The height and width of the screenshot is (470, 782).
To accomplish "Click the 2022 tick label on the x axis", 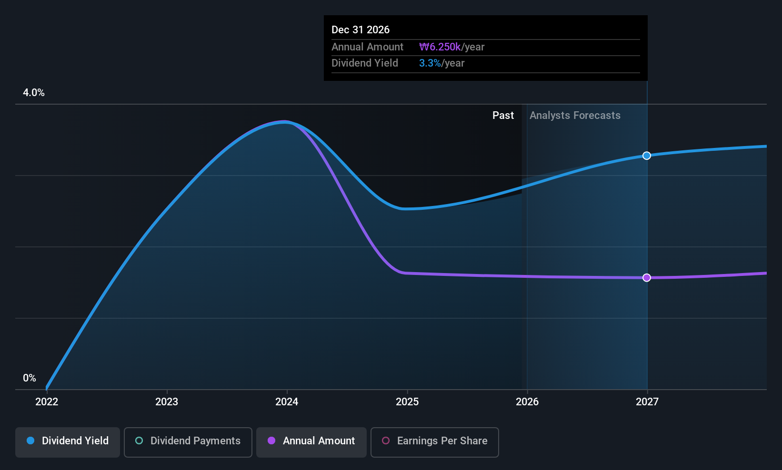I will click(47, 401).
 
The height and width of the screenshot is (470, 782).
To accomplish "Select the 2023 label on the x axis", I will click(167, 401).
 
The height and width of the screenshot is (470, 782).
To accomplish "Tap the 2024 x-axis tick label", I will click(287, 401).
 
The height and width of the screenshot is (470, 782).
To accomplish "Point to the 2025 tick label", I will click(407, 401).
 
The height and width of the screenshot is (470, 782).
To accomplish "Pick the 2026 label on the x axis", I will click(527, 401).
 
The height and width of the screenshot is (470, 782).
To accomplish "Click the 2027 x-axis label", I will click(647, 401).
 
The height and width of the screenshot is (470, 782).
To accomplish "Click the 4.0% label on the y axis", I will click(34, 93).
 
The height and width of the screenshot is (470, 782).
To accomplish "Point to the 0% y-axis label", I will click(30, 378).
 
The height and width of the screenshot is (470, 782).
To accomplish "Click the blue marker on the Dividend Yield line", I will click(647, 156).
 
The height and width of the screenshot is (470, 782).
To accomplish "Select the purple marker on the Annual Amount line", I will click(647, 278).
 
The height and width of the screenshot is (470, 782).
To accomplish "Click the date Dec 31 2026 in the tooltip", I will click(361, 30).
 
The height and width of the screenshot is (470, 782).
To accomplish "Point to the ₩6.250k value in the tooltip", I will click(440, 47).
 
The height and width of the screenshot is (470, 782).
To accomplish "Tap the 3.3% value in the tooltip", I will click(430, 63).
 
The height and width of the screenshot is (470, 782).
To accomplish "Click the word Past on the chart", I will click(503, 116).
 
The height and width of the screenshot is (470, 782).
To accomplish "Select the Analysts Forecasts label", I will click(575, 116).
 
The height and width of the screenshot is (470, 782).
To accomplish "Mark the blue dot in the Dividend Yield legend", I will click(30, 441).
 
